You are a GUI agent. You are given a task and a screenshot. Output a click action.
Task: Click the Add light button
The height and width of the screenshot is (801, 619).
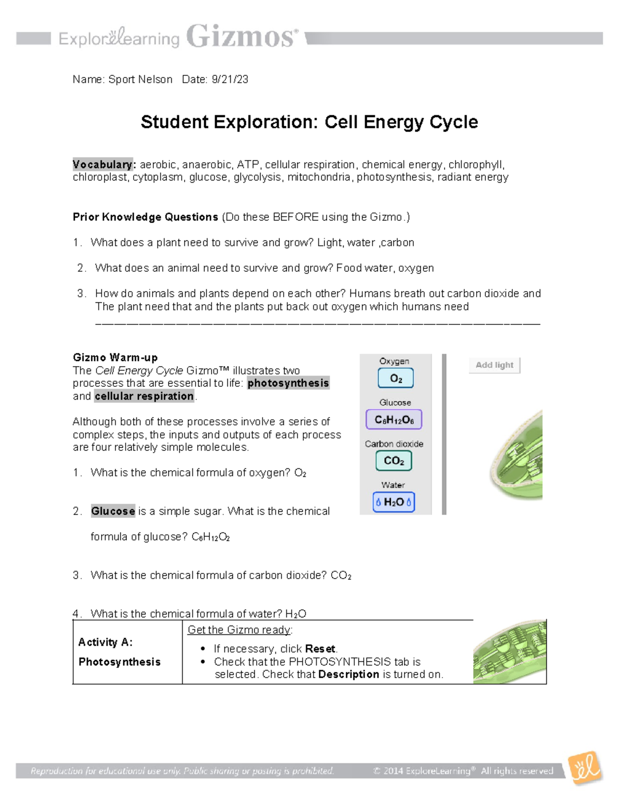click(494, 365)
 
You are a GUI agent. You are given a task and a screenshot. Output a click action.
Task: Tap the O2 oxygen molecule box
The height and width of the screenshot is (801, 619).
click(396, 379)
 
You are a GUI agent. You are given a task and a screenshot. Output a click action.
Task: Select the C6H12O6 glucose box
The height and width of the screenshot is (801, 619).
click(394, 420)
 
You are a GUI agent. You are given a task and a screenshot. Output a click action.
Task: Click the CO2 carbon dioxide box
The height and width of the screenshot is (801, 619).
click(394, 461)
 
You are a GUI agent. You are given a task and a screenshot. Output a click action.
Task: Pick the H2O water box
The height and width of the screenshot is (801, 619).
click(394, 502)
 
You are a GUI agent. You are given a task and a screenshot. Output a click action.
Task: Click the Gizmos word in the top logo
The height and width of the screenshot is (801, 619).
click(241, 37)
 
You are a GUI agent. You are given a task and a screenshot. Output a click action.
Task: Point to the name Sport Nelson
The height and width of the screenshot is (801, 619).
click(140, 79)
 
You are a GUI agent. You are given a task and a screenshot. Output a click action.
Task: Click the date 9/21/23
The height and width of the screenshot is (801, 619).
click(230, 79)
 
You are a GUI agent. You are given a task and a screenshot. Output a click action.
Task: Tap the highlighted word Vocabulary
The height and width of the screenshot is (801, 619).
click(103, 165)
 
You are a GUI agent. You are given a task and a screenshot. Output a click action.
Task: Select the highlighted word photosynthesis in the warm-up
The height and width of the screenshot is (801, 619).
click(288, 383)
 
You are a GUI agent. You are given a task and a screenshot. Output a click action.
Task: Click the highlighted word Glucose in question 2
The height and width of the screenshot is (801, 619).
click(113, 511)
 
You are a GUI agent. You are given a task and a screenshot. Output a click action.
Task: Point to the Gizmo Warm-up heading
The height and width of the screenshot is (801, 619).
click(115, 357)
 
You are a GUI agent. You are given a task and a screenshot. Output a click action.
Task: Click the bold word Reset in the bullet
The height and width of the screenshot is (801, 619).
click(320, 649)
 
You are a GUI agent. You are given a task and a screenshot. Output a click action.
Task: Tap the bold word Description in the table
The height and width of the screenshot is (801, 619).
click(349, 675)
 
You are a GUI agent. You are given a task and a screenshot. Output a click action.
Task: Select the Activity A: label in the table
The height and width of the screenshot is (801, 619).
click(105, 642)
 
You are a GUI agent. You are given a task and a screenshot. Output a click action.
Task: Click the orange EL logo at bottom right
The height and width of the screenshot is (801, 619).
click(585, 769)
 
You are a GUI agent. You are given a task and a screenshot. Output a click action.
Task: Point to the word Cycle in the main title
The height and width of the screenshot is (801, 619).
click(452, 122)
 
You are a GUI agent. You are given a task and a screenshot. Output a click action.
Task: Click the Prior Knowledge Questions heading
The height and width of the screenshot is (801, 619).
click(145, 217)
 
